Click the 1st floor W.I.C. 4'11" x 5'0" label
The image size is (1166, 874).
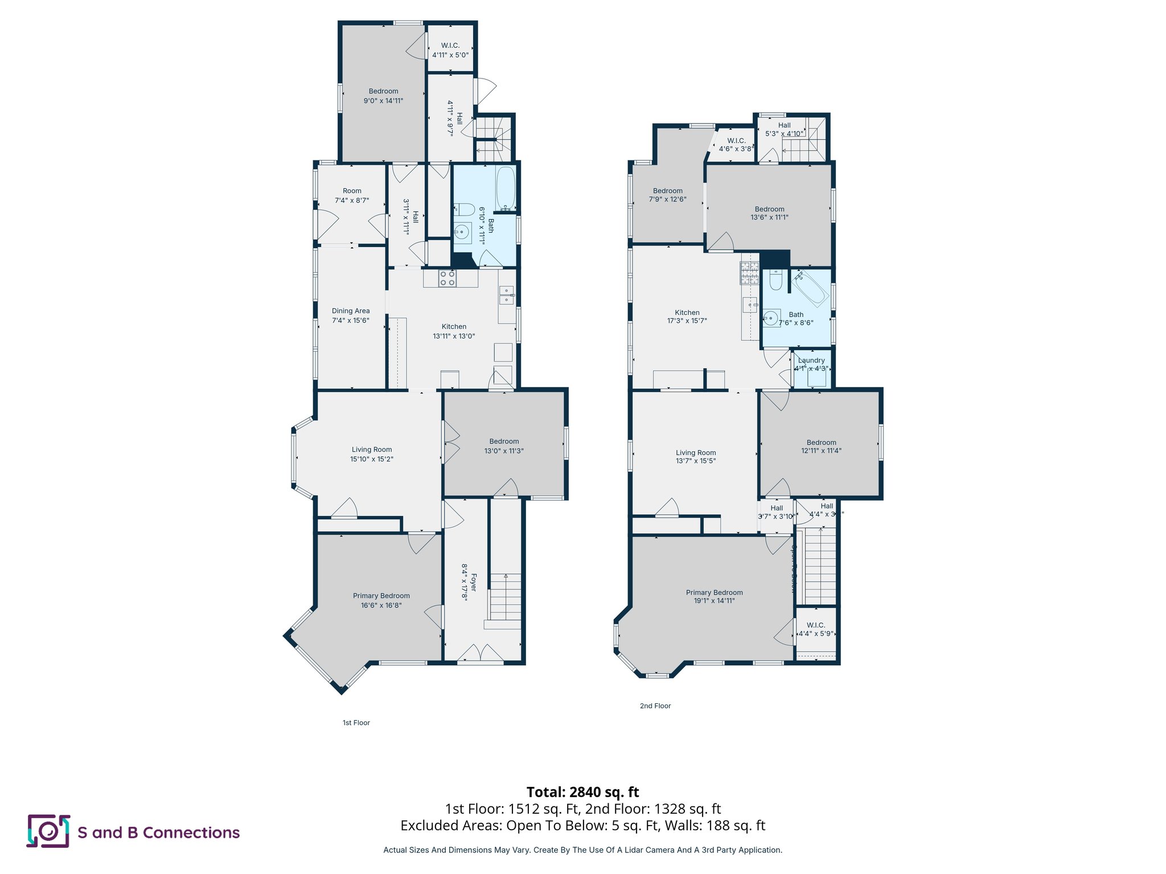tap(450, 50)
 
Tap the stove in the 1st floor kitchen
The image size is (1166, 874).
tap(447, 278)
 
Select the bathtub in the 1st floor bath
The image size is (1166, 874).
tap(505, 188)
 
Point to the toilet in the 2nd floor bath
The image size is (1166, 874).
tap(775, 279)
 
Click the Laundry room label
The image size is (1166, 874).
tap(811, 360)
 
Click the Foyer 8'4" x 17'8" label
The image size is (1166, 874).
tap(469, 582)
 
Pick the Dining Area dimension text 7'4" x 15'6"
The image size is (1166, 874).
tap(351, 320)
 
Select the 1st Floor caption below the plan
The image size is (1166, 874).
tap(356, 723)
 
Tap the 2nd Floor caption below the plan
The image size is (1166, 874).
tap(655, 706)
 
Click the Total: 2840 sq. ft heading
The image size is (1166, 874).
tap(582, 792)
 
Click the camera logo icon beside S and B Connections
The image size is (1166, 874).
tap(48, 831)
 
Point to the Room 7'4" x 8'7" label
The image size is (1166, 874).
tap(352, 195)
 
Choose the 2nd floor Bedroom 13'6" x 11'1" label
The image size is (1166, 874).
tap(769, 213)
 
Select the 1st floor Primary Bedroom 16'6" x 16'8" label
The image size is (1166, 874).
tap(381, 600)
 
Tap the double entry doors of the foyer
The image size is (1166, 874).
tap(480, 654)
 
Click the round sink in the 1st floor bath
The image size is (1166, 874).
tap(462, 232)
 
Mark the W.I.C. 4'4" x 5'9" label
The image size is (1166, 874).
tap(815, 629)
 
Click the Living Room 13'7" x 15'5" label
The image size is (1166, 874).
tap(695, 456)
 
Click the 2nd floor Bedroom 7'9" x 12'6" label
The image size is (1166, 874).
tap(667, 195)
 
